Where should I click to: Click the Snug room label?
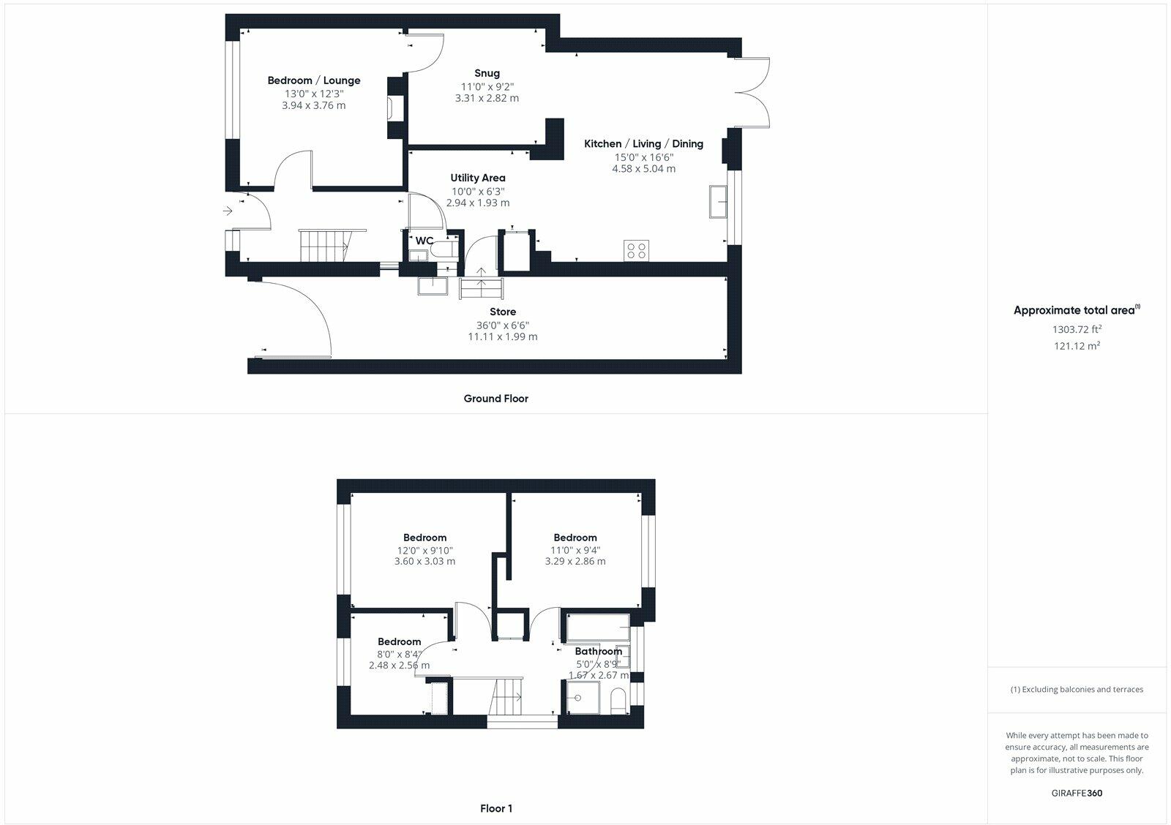(487, 73)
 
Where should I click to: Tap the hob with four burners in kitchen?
(636, 250)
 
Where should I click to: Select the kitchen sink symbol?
(717, 202)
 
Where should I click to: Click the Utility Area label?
(477, 178)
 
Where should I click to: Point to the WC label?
(424, 241)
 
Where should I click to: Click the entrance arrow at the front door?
(228, 211)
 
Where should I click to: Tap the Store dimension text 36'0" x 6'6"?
(502, 325)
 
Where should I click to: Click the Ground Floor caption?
(495, 399)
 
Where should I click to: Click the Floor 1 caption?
(496, 808)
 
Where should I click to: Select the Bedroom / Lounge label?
(313, 80)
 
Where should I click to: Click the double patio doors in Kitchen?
(754, 92)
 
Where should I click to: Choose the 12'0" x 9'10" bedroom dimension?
(424, 551)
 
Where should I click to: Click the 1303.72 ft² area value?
(1077, 330)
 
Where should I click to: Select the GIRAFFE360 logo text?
(1077, 793)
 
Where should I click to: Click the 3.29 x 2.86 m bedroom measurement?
(575, 562)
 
